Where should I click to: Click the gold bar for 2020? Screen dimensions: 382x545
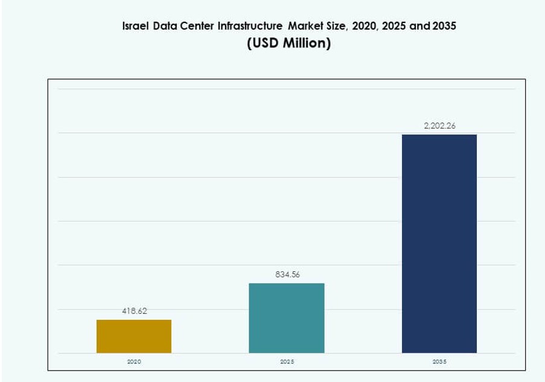pyautogui.click(x=133, y=336)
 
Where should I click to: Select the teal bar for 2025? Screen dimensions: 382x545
pyautogui.click(x=287, y=318)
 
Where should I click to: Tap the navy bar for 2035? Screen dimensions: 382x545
pyautogui.click(x=439, y=244)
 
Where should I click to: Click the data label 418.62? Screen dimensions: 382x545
pyautogui.click(x=135, y=311)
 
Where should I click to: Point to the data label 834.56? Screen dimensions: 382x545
pyautogui.click(x=287, y=274)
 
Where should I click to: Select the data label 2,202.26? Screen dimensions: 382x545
pyautogui.click(x=439, y=126)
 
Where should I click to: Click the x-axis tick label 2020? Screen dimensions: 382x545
pyautogui.click(x=134, y=361)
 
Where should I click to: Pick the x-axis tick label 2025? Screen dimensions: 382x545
pyautogui.click(x=287, y=361)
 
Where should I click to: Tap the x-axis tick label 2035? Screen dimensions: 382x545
pyautogui.click(x=439, y=361)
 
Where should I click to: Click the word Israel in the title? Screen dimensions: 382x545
pyautogui.click(x=136, y=27)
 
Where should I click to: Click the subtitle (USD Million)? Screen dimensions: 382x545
pyautogui.click(x=288, y=45)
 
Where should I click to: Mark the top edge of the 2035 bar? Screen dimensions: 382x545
pyautogui.click(x=439, y=135)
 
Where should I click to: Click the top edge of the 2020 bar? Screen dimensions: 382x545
pyautogui.click(x=133, y=320)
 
